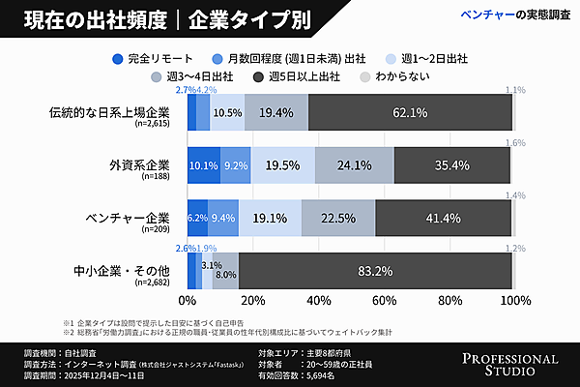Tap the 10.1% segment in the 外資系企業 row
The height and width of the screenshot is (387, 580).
click(x=203, y=165)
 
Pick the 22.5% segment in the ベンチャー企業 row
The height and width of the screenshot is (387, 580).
click(x=338, y=218)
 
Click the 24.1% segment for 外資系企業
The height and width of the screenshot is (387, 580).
click(x=355, y=165)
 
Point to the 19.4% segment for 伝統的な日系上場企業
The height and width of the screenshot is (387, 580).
click(x=276, y=113)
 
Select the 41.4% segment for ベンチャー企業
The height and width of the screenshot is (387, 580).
click(x=443, y=218)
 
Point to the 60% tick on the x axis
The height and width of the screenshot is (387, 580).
click(x=384, y=300)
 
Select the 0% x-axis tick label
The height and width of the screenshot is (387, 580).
click(x=188, y=300)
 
